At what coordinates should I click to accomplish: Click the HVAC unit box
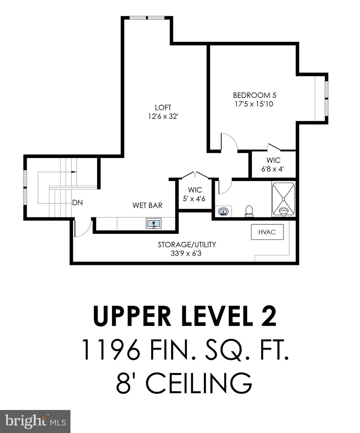point(267,232)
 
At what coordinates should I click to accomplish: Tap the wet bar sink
point(154,224)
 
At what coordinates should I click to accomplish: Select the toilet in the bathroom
point(249,211)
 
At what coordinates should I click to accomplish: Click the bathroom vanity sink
point(223,211)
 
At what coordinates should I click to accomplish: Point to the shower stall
point(284,199)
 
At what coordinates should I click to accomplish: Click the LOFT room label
point(163,107)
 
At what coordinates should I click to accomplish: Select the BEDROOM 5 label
point(254,95)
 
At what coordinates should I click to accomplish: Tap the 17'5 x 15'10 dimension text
point(254,104)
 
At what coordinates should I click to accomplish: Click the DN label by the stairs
point(77,202)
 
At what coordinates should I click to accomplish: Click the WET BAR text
point(147,205)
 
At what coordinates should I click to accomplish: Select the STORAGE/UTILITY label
point(186,244)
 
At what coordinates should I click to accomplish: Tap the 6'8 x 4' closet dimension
point(272,169)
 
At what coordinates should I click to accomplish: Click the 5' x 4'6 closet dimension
point(194,199)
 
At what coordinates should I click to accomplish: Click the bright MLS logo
point(35,421)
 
